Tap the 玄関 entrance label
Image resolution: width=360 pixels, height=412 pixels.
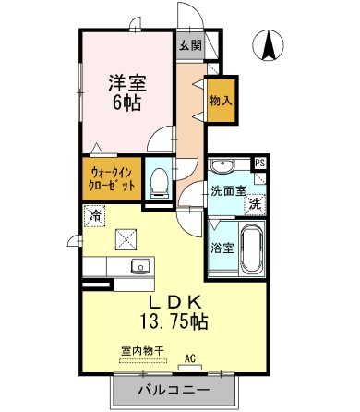190,45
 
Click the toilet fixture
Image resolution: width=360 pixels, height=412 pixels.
159,181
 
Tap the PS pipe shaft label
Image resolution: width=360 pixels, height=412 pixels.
260,163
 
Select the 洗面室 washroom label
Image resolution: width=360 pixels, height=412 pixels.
228,191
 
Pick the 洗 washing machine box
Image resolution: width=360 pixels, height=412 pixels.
254,204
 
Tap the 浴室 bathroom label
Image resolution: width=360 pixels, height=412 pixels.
222,247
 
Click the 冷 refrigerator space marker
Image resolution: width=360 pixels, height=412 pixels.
95,214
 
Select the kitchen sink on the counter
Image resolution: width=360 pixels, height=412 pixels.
140,267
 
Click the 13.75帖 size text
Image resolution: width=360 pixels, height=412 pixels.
174,323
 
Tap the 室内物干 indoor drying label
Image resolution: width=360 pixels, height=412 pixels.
142,350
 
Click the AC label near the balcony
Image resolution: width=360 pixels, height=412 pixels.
190,357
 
